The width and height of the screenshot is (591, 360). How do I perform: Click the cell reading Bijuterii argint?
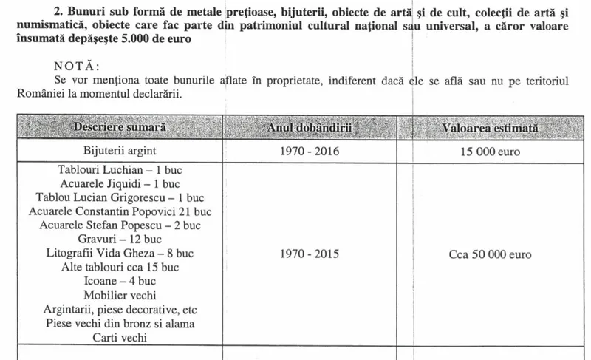coord(120,152)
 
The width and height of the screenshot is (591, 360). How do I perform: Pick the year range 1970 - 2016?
coord(310,152)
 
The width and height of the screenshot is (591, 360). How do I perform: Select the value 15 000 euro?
coord(490,152)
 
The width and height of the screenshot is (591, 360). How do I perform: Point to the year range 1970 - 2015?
coord(310,254)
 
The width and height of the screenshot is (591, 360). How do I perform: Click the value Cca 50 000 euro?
coord(490,254)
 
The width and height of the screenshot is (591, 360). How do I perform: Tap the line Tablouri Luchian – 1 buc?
coord(120,170)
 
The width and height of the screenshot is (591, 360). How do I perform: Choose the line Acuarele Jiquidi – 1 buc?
coord(120,184)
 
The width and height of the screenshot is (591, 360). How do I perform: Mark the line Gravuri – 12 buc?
coord(120,240)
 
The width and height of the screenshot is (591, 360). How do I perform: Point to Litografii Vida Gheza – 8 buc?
coord(120,254)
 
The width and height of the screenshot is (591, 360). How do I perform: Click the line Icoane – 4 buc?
coord(120,282)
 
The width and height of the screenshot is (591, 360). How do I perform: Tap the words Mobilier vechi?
coord(120,296)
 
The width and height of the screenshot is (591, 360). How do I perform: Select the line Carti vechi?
coord(120,338)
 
